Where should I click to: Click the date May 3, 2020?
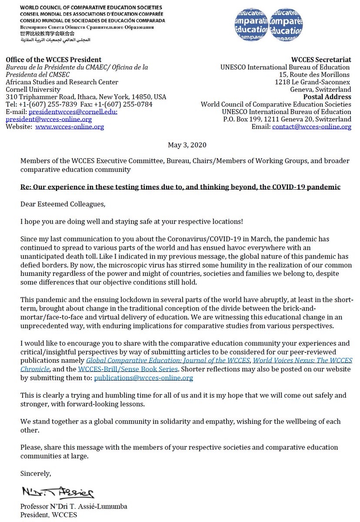tap(187, 145)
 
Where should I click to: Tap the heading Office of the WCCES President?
tap(54, 60)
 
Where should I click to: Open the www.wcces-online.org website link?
tap(70, 127)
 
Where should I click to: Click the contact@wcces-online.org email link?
tap(312, 127)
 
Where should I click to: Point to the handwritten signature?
tap(57, 492)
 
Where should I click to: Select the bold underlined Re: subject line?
tap(180, 187)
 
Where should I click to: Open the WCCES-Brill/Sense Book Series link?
tap(133, 369)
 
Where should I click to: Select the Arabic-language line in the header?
tap(48, 40)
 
